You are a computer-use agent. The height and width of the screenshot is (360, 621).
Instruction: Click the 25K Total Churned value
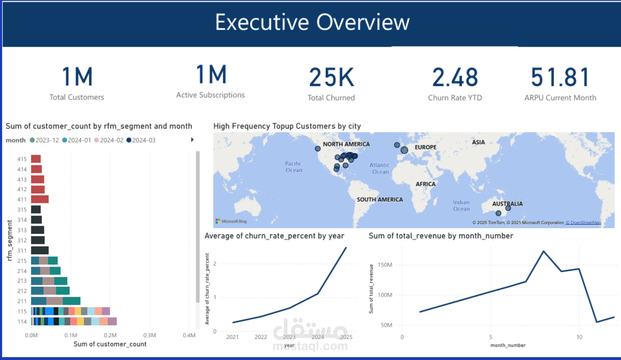click(x=331, y=77)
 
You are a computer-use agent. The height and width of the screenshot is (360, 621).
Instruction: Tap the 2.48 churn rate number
click(x=455, y=77)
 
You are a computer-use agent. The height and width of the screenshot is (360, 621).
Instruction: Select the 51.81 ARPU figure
click(x=560, y=77)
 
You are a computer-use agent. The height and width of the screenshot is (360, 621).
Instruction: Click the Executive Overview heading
click(x=312, y=22)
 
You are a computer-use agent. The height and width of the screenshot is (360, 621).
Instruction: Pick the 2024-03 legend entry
click(x=141, y=140)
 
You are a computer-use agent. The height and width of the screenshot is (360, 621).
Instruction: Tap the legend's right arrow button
click(x=192, y=140)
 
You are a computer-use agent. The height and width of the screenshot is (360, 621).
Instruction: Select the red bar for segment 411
click(x=40, y=200)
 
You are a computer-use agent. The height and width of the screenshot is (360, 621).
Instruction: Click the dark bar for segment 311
click(x=40, y=251)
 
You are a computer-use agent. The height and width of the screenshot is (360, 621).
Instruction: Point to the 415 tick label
click(x=22, y=159)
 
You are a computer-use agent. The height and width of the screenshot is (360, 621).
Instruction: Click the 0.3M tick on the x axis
click(x=150, y=335)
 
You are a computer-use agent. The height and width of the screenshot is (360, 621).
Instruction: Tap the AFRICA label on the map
click(x=425, y=184)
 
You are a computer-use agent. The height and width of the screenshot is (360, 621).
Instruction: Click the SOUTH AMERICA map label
click(x=380, y=200)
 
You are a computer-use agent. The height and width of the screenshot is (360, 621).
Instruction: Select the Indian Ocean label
click(x=461, y=206)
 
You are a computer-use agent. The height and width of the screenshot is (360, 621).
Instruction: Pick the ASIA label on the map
click(x=478, y=142)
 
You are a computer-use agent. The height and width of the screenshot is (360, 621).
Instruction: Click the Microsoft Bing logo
click(x=231, y=221)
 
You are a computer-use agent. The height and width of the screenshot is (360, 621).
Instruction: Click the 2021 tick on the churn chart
click(x=232, y=337)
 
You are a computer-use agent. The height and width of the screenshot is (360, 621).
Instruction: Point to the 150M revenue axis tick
click(x=385, y=265)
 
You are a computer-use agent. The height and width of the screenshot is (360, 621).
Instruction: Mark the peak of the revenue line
click(x=544, y=251)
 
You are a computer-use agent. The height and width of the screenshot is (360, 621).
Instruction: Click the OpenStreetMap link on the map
click(x=584, y=223)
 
